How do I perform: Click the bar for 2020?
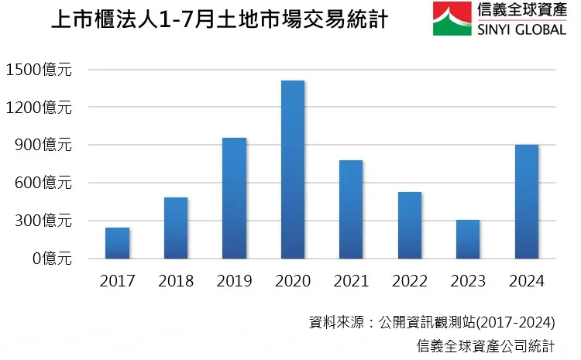point(293,170)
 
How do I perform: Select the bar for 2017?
point(118,243)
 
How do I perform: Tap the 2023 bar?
point(468,239)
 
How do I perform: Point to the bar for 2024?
point(527,202)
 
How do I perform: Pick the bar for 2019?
point(234,198)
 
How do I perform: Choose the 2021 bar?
point(351,210)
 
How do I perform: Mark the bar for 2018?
point(176,228)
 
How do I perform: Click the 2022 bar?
point(410,225)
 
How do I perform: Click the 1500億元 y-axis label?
point(39,70)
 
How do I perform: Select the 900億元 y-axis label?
point(45,145)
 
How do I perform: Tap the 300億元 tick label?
point(45,221)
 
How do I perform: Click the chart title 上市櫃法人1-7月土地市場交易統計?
point(218,21)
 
